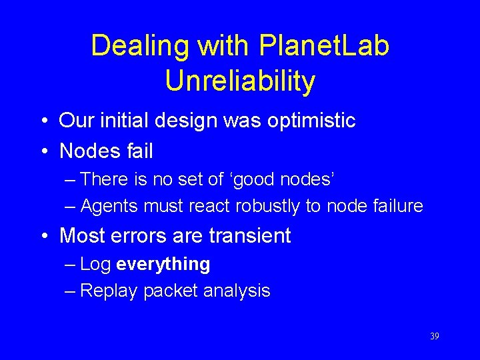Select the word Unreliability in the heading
click(240, 81)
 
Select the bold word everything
click(163, 265)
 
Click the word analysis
click(237, 291)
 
